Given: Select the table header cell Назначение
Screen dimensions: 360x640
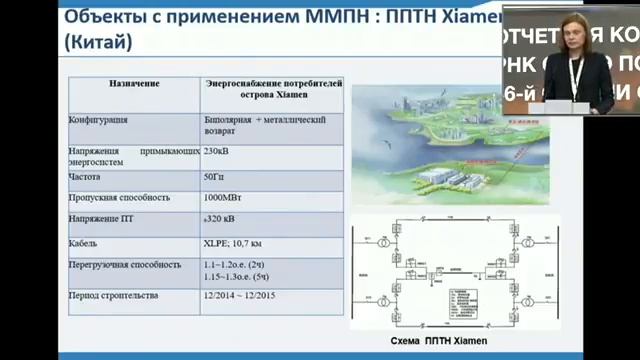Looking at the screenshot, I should coord(135,85).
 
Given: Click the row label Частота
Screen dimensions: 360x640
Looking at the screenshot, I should coord(85,176).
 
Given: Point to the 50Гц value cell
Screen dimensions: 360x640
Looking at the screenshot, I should coord(215,176).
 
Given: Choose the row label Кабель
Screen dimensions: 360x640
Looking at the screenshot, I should coord(83,242).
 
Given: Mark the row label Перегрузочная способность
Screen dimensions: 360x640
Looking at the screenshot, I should coord(125,264).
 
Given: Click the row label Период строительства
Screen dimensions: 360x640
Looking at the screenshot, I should coord(114,297).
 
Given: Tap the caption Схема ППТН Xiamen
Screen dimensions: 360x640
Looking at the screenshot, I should coord(431,341).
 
